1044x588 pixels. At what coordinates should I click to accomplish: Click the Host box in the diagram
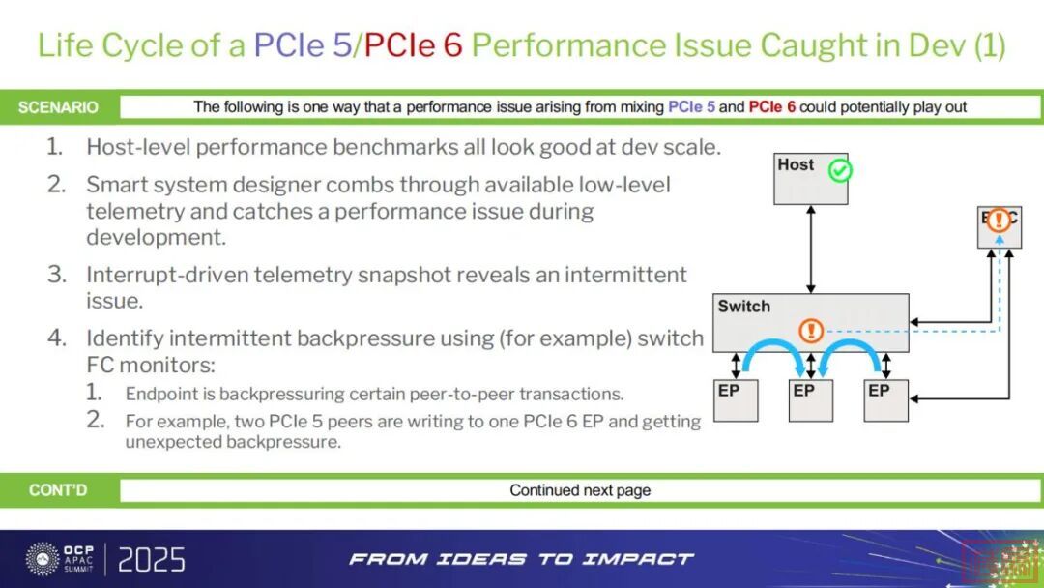tap(810, 179)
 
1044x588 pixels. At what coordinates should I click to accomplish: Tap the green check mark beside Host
tap(840, 172)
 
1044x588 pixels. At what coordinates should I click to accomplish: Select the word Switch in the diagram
tap(743, 307)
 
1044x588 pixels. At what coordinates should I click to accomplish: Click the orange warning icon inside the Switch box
tap(811, 331)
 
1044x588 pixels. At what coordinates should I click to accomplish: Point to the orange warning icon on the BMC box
tap(999, 220)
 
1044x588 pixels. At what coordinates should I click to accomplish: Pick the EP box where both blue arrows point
tap(810, 398)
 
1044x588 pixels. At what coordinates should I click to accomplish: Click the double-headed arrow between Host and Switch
tap(811, 249)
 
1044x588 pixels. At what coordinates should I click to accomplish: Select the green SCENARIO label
tap(58, 107)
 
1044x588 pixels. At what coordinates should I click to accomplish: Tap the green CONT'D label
tap(58, 490)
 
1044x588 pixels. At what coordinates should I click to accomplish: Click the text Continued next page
tap(580, 490)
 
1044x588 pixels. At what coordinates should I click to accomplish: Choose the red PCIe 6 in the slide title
tap(413, 45)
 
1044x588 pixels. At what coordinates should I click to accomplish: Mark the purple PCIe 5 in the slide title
tap(303, 45)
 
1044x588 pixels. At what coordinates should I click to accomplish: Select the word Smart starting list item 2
tap(115, 184)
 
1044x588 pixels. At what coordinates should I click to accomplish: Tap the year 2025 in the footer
tap(152, 559)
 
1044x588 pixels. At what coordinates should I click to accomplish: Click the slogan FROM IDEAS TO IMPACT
tap(521, 559)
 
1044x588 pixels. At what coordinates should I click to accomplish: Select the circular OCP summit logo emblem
tap(43, 558)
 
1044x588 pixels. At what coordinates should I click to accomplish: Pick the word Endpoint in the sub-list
tap(160, 395)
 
